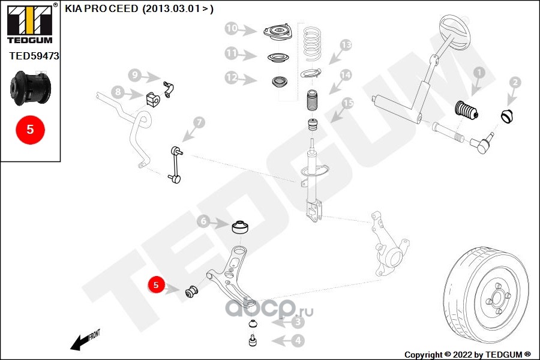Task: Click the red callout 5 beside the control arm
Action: [x=155, y=285]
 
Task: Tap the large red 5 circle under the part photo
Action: [x=30, y=129]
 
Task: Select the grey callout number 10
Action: [x=232, y=28]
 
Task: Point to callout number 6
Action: [x=204, y=222]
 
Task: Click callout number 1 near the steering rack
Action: [x=478, y=73]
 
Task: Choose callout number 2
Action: [x=514, y=82]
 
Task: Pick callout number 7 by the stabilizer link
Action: [x=199, y=122]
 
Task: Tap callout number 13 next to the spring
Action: [x=345, y=44]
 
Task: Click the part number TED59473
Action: [x=34, y=56]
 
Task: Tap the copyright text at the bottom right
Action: [x=467, y=354]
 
